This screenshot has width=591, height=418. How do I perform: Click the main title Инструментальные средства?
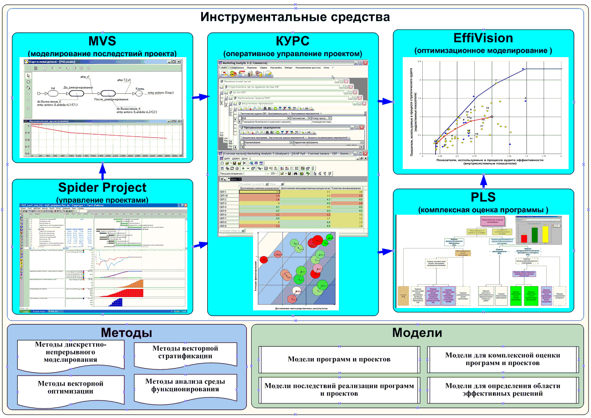pyautogui.click(x=295, y=18)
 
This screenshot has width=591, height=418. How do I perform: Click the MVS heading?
pyautogui.click(x=102, y=40)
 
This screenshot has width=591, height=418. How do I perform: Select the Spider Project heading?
pyautogui.click(x=102, y=188)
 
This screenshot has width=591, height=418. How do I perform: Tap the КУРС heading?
pyautogui.click(x=293, y=40)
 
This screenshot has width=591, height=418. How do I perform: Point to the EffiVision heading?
pyautogui.click(x=483, y=38)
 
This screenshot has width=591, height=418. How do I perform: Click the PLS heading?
pyautogui.click(x=483, y=197)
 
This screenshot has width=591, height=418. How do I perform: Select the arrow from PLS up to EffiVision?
pyautogui.click(x=483, y=180)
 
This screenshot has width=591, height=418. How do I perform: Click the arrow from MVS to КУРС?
pyautogui.click(x=200, y=97)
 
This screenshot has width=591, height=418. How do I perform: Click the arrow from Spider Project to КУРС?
pyautogui.click(x=200, y=245)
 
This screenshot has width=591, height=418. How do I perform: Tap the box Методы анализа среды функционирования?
pyautogui.click(x=185, y=385)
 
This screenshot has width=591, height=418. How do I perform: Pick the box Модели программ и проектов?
pyautogui.click(x=339, y=359)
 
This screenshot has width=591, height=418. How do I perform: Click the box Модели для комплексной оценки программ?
pyautogui.click(x=502, y=359)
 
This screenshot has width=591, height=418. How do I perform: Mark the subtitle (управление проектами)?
pyautogui.click(x=102, y=200)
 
